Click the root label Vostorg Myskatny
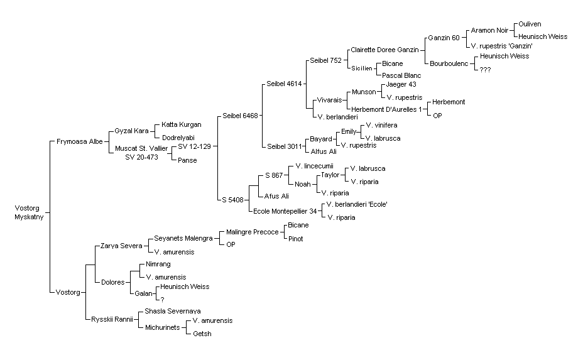(29, 212)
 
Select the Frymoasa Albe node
(80, 141)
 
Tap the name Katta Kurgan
(182, 124)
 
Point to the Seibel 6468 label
(240, 116)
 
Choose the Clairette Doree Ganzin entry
(385, 50)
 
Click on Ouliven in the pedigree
(530, 24)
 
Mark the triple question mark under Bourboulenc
(485, 70)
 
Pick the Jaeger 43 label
(401, 84)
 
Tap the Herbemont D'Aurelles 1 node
(387, 109)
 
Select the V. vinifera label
(381, 125)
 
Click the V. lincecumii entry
(315, 166)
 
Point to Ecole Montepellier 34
(285, 211)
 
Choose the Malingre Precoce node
(253, 232)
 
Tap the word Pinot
(296, 239)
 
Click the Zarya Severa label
(121, 246)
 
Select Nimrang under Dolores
(158, 264)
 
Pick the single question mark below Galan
(162, 300)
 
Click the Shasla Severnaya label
(173, 311)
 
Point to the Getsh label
(202, 334)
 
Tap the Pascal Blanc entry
(401, 75)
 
